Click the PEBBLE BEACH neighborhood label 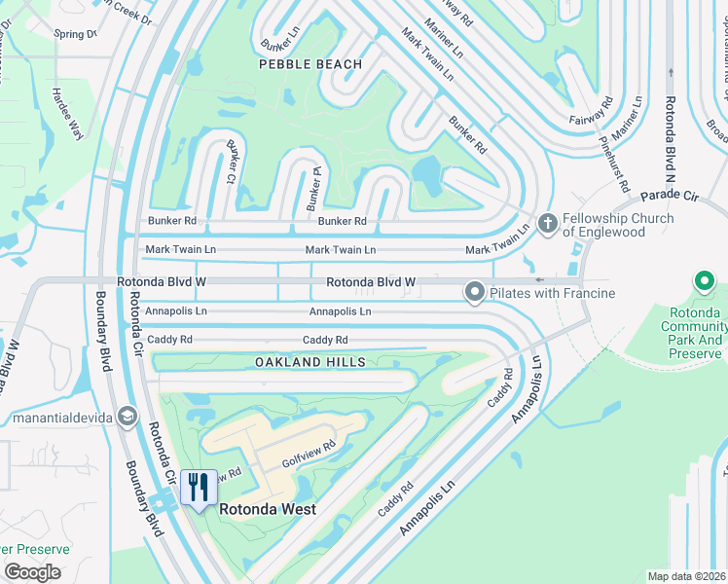(310, 64)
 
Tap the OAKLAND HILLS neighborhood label (310, 362)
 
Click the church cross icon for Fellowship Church (547, 225)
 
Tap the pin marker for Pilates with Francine (475, 292)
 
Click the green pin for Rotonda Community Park (705, 282)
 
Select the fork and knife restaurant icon (199, 488)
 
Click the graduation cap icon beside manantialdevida (127, 418)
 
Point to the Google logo (32, 572)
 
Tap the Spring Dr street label (76, 34)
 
